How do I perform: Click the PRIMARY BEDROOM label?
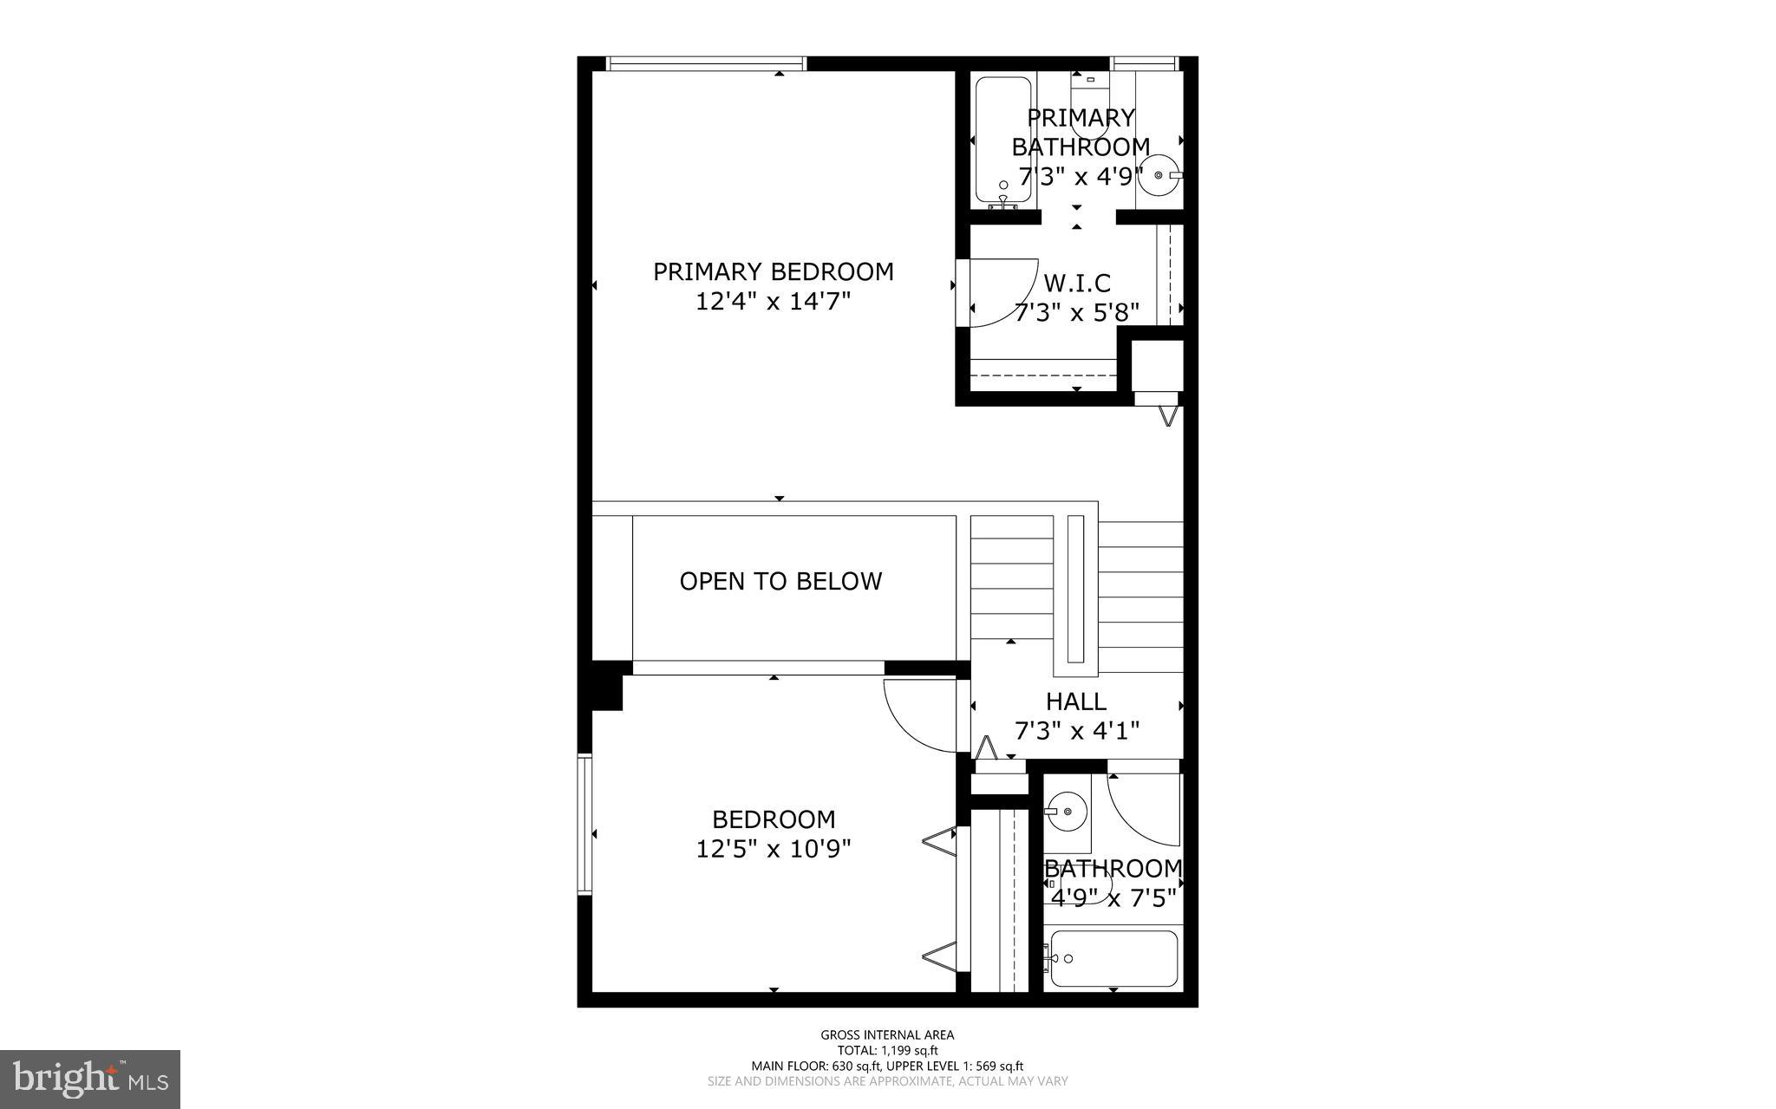[x=773, y=272]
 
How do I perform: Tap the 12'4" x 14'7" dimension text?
[x=773, y=302]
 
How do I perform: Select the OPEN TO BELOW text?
[x=780, y=581]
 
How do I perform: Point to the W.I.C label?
[x=1076, y=284]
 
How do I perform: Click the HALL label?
[x=1075, y=701]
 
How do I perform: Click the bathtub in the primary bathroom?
[x=1002, y=139]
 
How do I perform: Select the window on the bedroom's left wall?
[x=585, y=825]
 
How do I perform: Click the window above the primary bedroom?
[x=705, y=63]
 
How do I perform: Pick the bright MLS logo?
[x=89, y=1079]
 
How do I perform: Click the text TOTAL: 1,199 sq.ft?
[x=887, y=1050]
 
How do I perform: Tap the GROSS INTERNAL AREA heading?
[x=887, y=1034]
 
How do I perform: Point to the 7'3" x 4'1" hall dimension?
[x=1076, y=732]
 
